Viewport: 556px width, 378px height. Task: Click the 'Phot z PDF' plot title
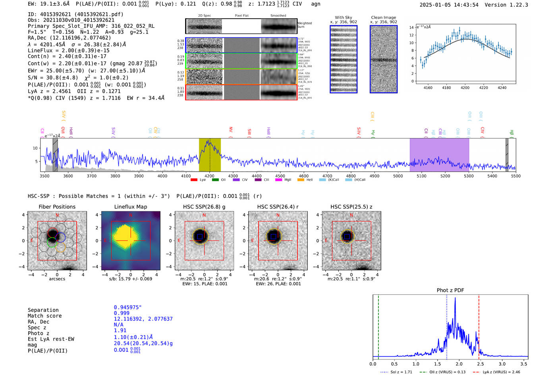450,290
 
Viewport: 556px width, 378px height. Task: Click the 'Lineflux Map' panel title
131,207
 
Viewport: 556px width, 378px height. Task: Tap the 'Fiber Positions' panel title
57,207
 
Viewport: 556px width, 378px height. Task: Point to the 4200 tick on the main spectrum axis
210,176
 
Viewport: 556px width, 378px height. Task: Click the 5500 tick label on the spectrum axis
515,176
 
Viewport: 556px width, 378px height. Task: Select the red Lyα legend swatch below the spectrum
194,180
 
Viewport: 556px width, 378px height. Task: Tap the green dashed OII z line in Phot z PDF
378,325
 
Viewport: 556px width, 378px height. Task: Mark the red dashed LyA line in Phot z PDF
479,325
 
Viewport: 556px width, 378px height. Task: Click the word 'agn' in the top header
315,4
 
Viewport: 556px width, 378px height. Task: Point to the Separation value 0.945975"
128,307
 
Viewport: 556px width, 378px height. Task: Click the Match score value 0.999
122,313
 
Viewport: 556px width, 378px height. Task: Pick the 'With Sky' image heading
344,17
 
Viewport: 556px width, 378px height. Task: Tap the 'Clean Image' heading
384,17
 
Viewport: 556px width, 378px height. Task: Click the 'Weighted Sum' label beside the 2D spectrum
305,25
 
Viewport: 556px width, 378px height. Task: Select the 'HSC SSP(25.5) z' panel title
351,207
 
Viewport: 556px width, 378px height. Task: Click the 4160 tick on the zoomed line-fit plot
428,88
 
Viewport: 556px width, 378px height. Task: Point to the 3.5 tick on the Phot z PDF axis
524,364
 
